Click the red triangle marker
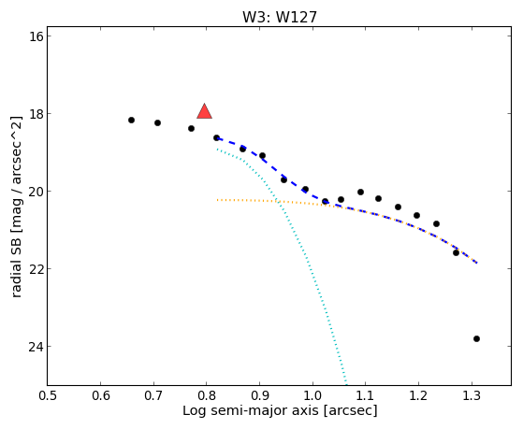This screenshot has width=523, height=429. tap(205, 111)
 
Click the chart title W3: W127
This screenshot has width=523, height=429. tap(280, 17)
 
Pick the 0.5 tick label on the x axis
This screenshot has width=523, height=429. tap(48, 395)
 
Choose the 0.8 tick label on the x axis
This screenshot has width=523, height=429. tap(207, 395)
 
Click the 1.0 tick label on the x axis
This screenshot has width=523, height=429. tap(312, 395)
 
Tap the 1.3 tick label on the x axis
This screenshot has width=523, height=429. tap(472, 395)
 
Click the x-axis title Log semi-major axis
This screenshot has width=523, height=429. tap(251, 410)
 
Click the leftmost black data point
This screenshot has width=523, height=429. tap(131, 120)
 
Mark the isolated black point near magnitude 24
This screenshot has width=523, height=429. tap(476, 339)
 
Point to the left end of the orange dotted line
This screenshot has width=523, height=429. tap(217, 200)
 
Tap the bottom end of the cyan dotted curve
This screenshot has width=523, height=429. tap(346, 383)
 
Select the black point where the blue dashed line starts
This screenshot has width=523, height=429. tap(216, 137)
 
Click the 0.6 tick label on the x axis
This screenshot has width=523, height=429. tap(100, 395)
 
